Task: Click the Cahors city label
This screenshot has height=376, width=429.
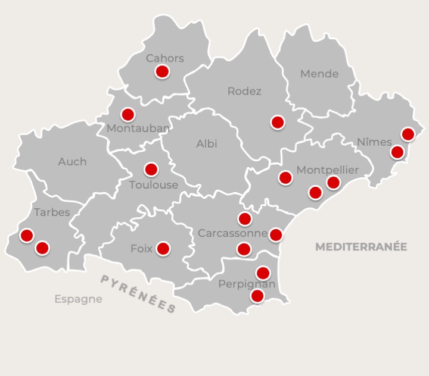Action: tap(165, 58)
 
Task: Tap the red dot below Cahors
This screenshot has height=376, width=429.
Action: tap(162, 72)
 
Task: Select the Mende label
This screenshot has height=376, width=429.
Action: tap(319, 74)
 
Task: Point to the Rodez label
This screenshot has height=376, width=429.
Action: tap(244, 91)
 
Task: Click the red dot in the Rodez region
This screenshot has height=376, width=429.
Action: tap(278, 123)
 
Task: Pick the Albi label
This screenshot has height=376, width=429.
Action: tap(207, 143)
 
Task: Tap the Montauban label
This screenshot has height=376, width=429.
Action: tap(138, 128)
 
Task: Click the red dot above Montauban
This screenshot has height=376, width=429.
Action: tap(128, 114)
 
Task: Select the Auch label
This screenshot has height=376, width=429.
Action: tap(72, 161)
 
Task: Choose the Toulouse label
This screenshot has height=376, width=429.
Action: tap(154, 184)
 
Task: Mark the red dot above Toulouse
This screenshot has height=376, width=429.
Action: tap(151, 170)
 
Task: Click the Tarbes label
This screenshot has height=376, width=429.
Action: tap(52, 212)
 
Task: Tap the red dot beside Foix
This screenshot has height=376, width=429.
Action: tap(163, 248)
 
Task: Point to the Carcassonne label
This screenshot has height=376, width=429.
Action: tap(232, 233)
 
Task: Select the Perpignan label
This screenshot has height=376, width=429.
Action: tap(247, 284)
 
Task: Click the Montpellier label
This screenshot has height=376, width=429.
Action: tap(328, 170)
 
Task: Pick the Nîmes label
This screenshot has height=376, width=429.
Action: tap(374, 142)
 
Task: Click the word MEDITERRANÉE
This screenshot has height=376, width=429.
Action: tap(361, 246)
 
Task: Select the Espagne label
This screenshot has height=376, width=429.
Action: tap(78, 299)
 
